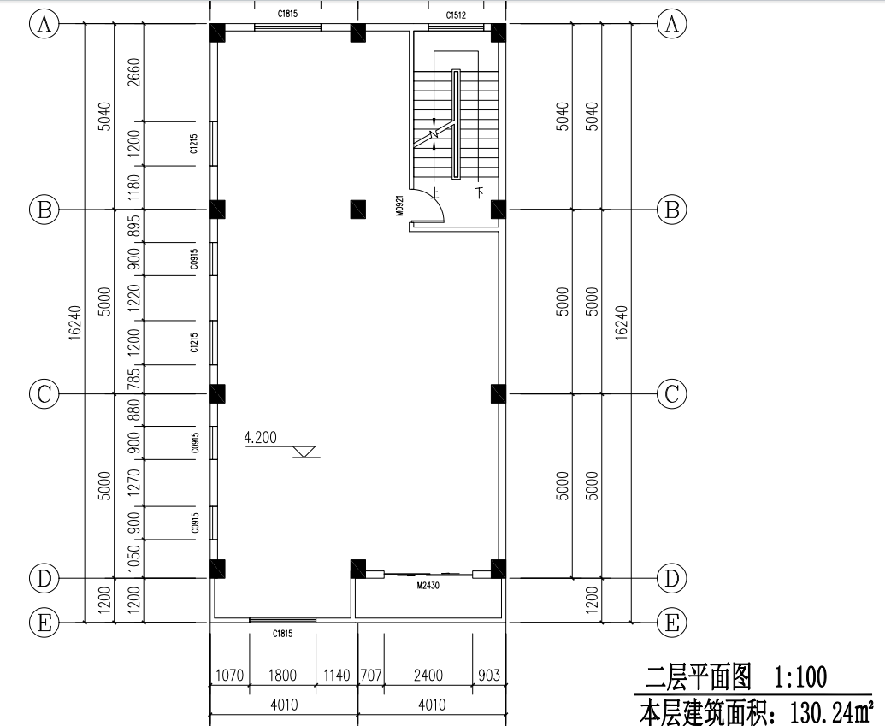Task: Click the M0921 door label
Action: click(x=399, y=206)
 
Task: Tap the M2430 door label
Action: click(x=428, y=586)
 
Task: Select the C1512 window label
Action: click(x=456, y=15)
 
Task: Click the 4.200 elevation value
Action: click(x=260, y=437)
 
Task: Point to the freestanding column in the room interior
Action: click(x=357, y=209)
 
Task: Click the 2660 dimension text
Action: click(x=133, y=73)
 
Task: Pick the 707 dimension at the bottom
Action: click(x=371, y=676)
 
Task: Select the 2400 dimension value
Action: click(x=428, y=676)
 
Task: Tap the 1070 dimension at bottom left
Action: click(x=230, y=676)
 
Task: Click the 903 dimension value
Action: click(x=489, y=676)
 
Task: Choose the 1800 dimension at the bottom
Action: click(x=283, y=676)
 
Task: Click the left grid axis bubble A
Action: click(x=44, y=24)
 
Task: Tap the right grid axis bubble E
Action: click(x=671, y=623)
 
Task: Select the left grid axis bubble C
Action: click(x=44, y=393)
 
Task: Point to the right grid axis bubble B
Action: click(x=671, y=210)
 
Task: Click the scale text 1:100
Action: click(x=799, y=677)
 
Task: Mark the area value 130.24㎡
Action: click(x=829, y=711)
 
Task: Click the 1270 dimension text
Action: click(x=133, y=482)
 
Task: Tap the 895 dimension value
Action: click(x=133, y=226)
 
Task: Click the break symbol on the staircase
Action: click(x=434, y=133)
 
